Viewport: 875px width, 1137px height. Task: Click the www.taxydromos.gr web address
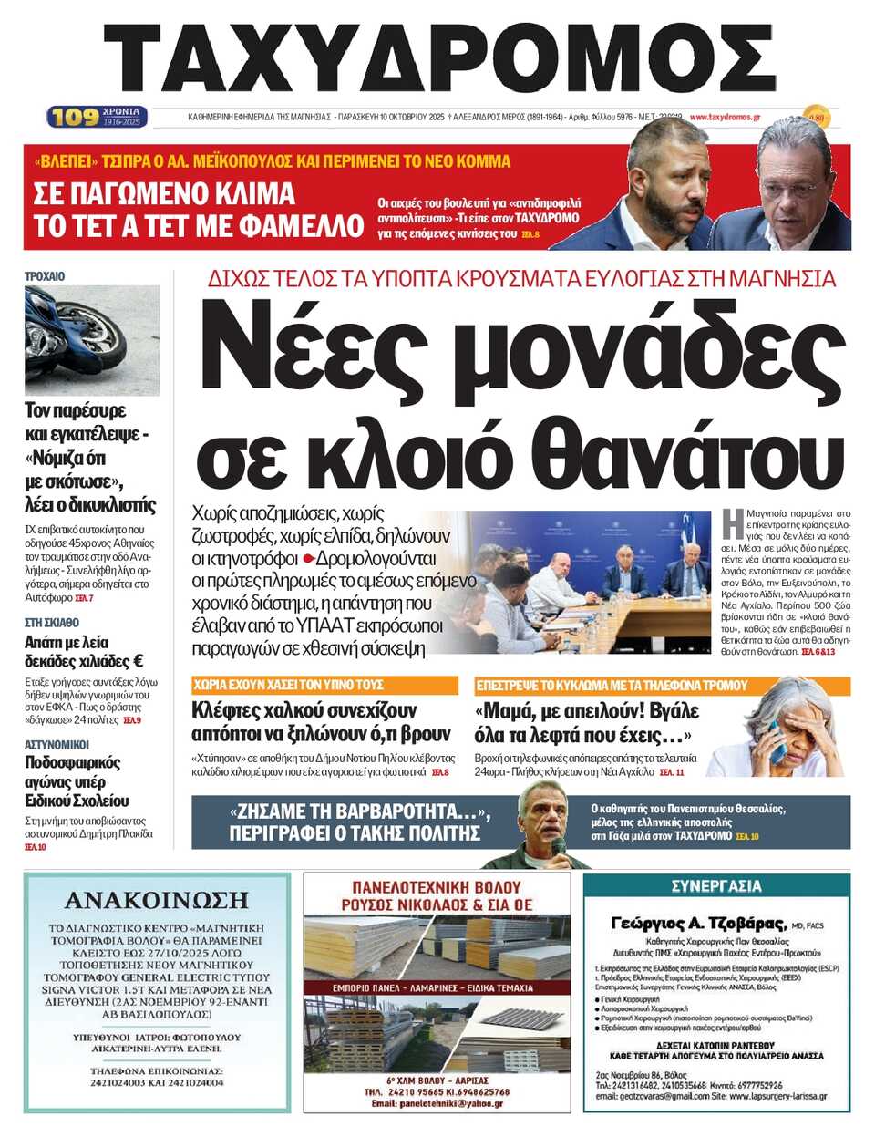[x=725, y=117]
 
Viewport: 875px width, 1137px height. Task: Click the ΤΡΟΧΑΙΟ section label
[x=45, y=276]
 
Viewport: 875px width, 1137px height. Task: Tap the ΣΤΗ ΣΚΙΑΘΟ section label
[x=52, y=622]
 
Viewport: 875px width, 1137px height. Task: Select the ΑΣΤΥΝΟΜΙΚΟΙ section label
[x=57, y=744]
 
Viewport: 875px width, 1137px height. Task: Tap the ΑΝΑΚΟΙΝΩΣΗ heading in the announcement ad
[x=157, y=901]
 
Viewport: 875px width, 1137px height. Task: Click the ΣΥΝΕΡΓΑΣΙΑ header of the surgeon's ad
[x=715, y=886]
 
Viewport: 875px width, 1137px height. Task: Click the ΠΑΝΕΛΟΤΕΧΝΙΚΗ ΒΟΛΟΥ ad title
[x=437, y=886]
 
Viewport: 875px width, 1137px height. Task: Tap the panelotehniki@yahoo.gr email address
[x=437, y=1103]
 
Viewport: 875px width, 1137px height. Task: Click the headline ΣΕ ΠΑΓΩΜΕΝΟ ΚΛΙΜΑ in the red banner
[x=164, y=193]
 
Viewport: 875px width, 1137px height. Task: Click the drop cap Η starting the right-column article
[x=731, y=523]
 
